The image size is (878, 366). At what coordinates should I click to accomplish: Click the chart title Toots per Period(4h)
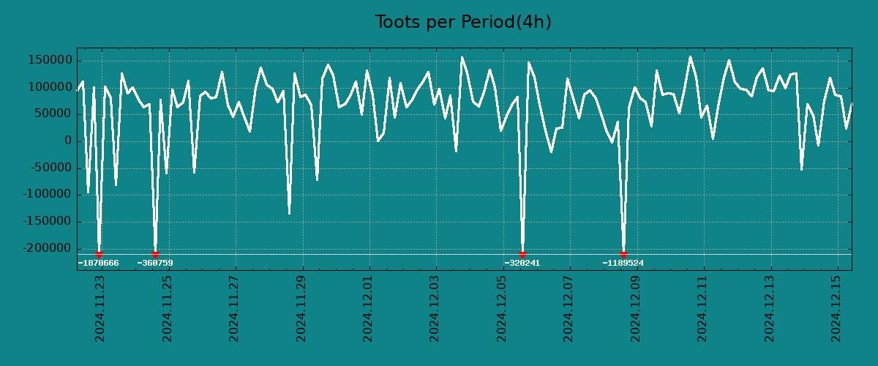[462, 23]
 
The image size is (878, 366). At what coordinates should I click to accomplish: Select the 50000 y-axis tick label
[53, 114]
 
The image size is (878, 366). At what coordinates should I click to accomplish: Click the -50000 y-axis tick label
[50, 168]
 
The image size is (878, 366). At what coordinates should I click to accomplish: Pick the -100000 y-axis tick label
[48, 195]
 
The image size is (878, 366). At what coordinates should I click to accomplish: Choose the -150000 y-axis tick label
[48, 222]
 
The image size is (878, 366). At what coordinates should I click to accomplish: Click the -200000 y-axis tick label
[48, 249]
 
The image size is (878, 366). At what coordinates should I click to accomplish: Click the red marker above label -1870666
[99, 254]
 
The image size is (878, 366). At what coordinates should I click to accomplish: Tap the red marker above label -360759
[155, 254]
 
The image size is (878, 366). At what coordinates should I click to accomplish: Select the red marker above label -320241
[522, 254]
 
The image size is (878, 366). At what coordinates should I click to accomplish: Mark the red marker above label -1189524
[623, 254]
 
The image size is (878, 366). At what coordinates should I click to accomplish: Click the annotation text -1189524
[623, 264]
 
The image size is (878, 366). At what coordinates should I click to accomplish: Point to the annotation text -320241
[522, 264]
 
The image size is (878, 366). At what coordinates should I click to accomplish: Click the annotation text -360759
[155, 264]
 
